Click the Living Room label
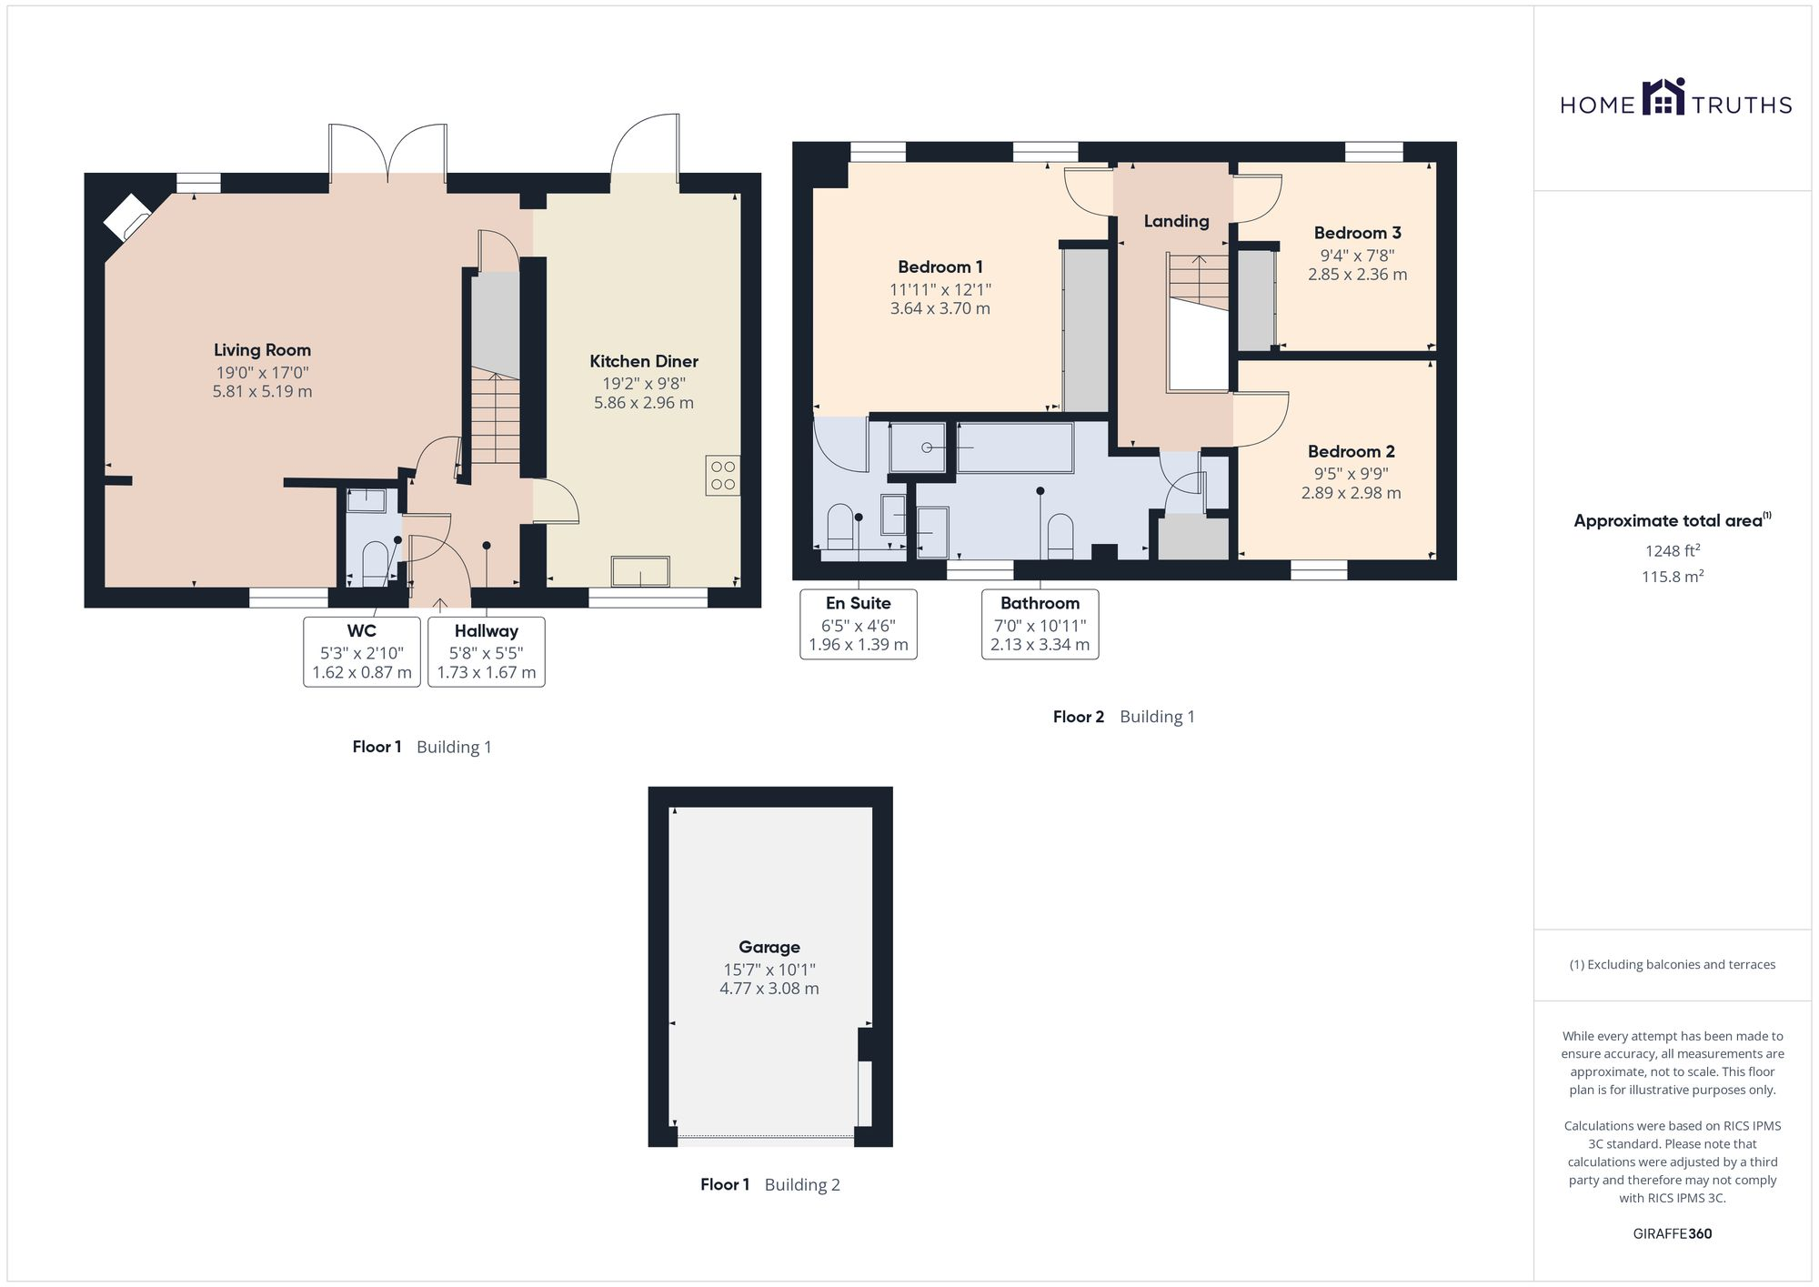262,350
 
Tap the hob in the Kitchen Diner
722,476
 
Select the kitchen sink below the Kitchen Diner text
640,572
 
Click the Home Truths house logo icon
1663,98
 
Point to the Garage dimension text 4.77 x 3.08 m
769,989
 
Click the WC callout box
361,651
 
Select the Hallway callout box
486,651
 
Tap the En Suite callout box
858,624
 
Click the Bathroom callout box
1040,624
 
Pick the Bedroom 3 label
1357,233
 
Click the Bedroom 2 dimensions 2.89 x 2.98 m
1351,493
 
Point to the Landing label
1176,221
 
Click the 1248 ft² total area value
1672,550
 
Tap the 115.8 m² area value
1672,577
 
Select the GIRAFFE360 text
1672,1234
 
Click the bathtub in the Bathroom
1014,447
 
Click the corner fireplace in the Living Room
126,216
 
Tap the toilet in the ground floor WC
374,563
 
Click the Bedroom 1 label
940,267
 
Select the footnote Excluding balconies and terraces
1672,965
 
